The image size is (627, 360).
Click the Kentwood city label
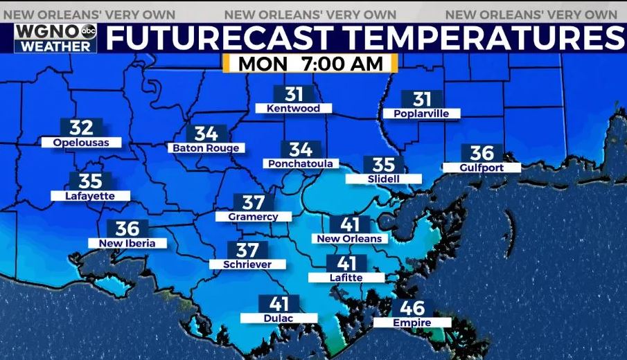pyautogui.click(x=294, y=109)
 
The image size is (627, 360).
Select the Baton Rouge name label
pyautogui.click(x=206, y=148)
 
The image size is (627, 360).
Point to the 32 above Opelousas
pyautogui.click(x=81, y=128)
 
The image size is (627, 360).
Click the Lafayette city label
pyautogui.click(x=90, y=196)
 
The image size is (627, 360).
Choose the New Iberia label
pyautogui.click(x=127, y=243)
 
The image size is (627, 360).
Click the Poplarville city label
pyautogui.click(x=421, y=114)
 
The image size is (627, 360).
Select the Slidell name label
pyautogui.click(x=383, y=179)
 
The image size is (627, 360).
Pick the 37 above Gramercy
pyautogui.click(x=254, y=202)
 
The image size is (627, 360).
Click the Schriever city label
pyautogui.click(x=247, y=264)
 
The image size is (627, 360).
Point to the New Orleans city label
pyautogui.click(x=349, y=239)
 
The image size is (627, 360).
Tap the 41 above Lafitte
pyautogui.click(x=346, y=264)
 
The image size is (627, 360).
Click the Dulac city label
pyautogui.click(x=279, y=318)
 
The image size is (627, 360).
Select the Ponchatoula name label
pyautogui.click(x=301, y=164)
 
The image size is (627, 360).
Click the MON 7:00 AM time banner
pyautogui.click(x=310, y=63)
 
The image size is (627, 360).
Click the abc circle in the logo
pyautogui.click(x=89, y=30)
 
